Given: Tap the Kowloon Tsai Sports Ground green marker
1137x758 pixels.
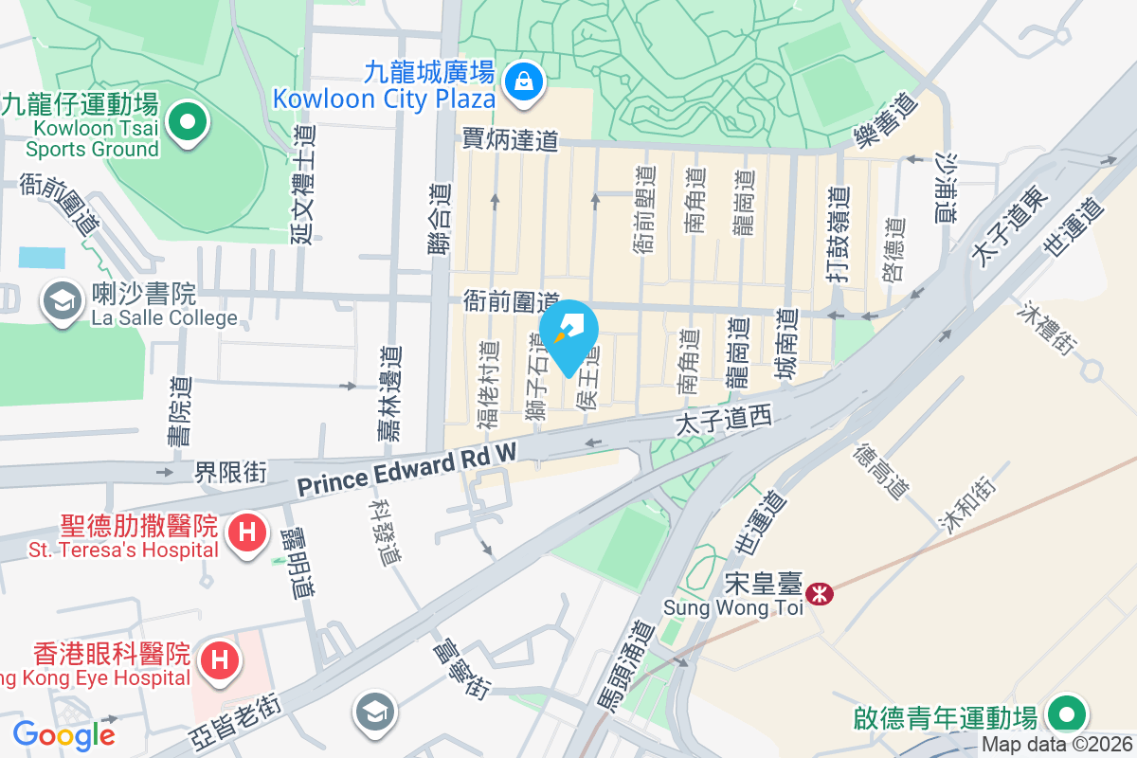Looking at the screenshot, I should pos(188,123).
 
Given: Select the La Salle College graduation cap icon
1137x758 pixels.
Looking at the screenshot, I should pos(63,302).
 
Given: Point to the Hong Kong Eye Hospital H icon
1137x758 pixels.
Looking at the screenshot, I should pos(219,659).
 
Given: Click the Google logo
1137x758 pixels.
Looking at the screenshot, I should pos(63,734).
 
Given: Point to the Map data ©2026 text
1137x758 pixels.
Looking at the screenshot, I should pos(1056,745).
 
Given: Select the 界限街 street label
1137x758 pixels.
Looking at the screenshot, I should pos(231,471).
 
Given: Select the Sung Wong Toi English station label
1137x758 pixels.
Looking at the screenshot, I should pos(732,607).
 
